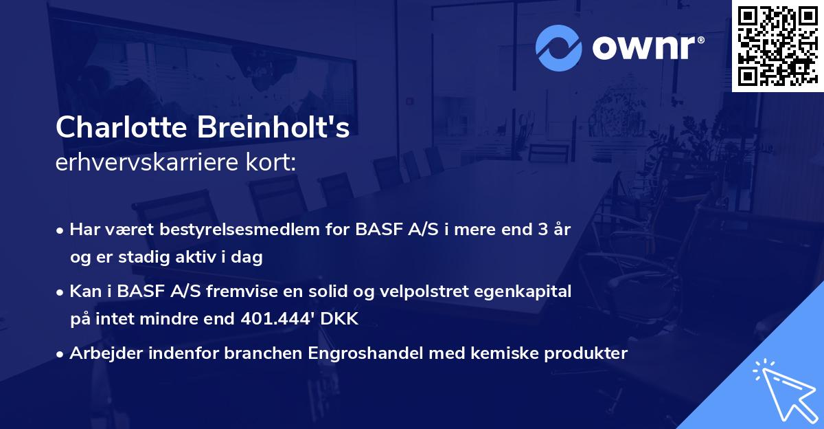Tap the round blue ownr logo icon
(x=559, y=47)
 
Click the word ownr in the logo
(x=647, y=48)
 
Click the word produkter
(x=585, y=353)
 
